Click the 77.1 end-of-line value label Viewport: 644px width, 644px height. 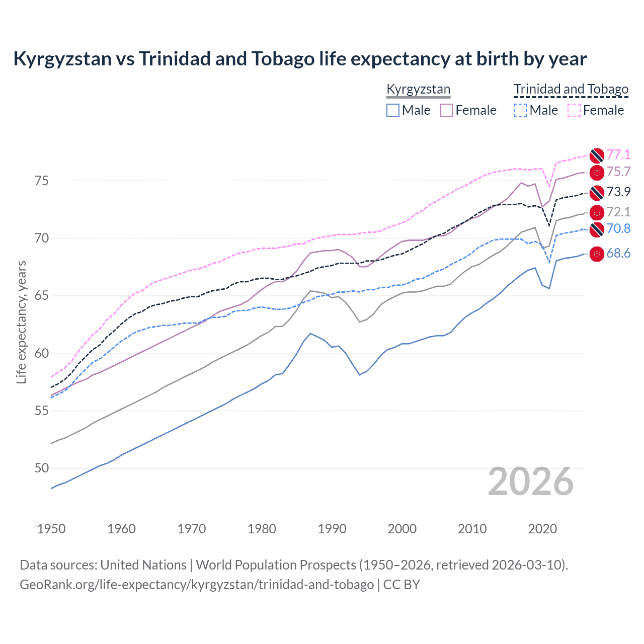pos(618,154)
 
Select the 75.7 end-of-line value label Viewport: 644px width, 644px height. pos(618,172)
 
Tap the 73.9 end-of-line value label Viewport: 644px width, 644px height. pos(618,192)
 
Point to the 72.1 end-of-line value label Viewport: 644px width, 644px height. pos(618,212)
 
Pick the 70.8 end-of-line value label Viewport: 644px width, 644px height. pos(618,229)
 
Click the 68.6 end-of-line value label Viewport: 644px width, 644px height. pos(618,254)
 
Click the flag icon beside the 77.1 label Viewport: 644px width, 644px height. pos(597,155)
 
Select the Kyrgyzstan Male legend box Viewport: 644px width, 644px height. pos(393,110)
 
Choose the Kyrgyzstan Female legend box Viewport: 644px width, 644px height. pos(446,110)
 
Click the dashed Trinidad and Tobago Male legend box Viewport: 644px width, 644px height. pos(520,110)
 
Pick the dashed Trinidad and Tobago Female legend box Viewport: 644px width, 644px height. pos(574,110)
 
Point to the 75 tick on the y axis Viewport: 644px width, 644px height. pos(41,181)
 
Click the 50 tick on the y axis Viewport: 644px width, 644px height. pos(41,468)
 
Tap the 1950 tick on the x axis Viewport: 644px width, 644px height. pos(51,529)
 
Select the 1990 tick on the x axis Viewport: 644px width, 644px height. pos(332,529)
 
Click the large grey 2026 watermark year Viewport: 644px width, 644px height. pos(530,482)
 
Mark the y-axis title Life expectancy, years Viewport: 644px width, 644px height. pos(21,322)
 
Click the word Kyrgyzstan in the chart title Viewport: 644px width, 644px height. pos(62,59)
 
